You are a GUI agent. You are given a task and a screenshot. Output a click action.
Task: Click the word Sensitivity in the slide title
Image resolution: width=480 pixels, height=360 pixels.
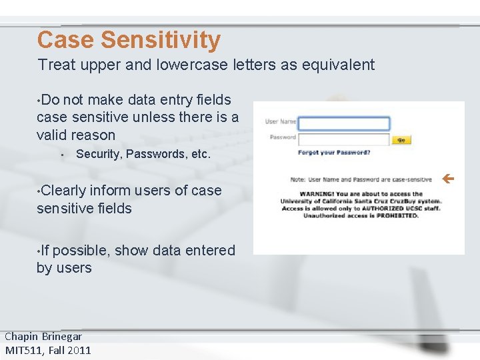point(160,40)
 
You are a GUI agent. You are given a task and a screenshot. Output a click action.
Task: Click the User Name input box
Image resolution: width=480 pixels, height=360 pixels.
point(343,123)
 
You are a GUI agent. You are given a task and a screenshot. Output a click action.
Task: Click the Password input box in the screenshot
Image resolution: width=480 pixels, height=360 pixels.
point(343,139)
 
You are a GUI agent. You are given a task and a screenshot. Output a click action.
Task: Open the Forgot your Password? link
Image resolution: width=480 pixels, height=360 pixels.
point(334,153)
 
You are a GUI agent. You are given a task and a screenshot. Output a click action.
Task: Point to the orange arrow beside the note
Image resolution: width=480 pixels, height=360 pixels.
point(448,179)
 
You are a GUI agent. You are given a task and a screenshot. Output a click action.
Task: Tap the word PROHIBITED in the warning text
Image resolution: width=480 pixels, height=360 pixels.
point(397,215)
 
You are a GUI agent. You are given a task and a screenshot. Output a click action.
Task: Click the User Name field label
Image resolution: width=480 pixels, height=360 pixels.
point(281,121)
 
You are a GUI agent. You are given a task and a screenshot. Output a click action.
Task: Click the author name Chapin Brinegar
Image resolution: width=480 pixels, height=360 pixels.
point(43,337)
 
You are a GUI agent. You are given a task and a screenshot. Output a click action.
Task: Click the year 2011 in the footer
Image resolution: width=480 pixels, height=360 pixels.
point(79,350)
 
